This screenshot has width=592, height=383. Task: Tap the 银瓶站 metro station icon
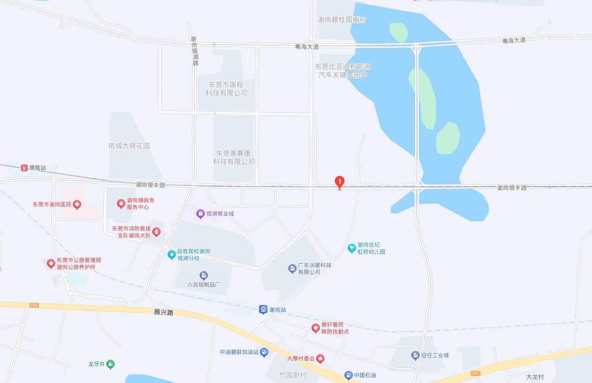tap(24, 168)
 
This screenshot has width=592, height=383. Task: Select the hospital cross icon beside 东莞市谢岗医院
tap(77, 204)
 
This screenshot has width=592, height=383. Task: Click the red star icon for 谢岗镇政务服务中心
tap(121, 203)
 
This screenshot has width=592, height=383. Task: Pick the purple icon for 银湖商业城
tap(200, 214)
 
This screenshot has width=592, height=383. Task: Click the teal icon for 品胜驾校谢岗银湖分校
tap(172, 254)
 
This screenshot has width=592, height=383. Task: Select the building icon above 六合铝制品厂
tap(203, 276)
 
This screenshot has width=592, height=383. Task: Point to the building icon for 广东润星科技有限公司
tap(292, 268)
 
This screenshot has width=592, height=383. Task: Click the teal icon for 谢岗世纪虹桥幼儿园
tap(351, 248)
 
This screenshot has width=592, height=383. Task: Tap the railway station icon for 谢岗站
tap(263, 309)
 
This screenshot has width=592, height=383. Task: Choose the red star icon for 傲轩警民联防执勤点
tap(315, 328)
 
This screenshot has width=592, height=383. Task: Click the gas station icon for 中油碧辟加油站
tap(264, 352)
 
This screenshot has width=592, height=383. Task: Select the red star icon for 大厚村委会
tap(321, 358)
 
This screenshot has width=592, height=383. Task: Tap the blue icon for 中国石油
tap(348, 375)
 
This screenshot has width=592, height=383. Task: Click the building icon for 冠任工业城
tap(416, 356)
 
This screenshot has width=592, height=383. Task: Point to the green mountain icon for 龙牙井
tap(110, 364)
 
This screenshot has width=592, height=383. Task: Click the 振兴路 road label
tap(163, 312)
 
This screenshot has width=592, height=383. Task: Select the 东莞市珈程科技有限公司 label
tap(226, 89)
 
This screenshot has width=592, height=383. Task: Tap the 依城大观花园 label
tap(129, 146)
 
